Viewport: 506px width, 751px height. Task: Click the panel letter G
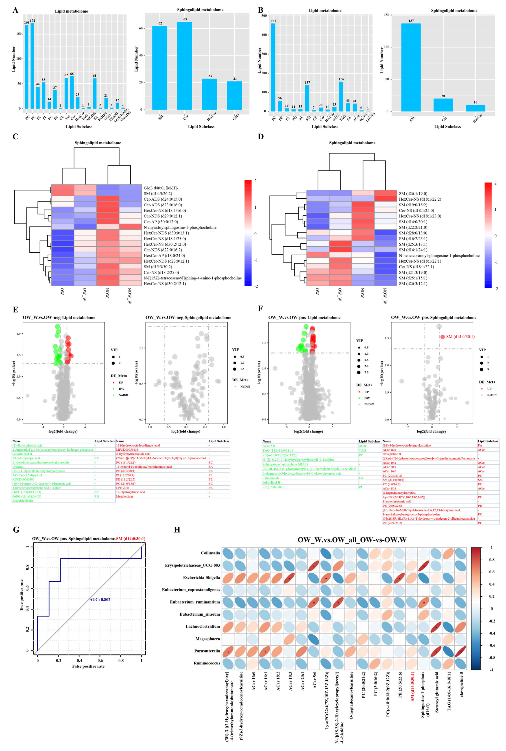(16, 530)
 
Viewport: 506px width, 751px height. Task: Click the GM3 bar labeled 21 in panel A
(234, 96)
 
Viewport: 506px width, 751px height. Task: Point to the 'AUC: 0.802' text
(100, 599)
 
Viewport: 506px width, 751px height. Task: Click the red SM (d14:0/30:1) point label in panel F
(460, 337)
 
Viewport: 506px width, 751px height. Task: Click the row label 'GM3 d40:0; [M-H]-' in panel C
(161, 188)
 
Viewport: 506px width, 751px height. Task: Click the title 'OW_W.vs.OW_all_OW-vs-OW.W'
(352, 540)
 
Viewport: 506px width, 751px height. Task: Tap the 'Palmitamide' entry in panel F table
(271, 478)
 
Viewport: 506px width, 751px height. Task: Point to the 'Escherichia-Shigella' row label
(201, 578)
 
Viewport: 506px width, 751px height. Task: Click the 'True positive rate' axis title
(22, 595)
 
